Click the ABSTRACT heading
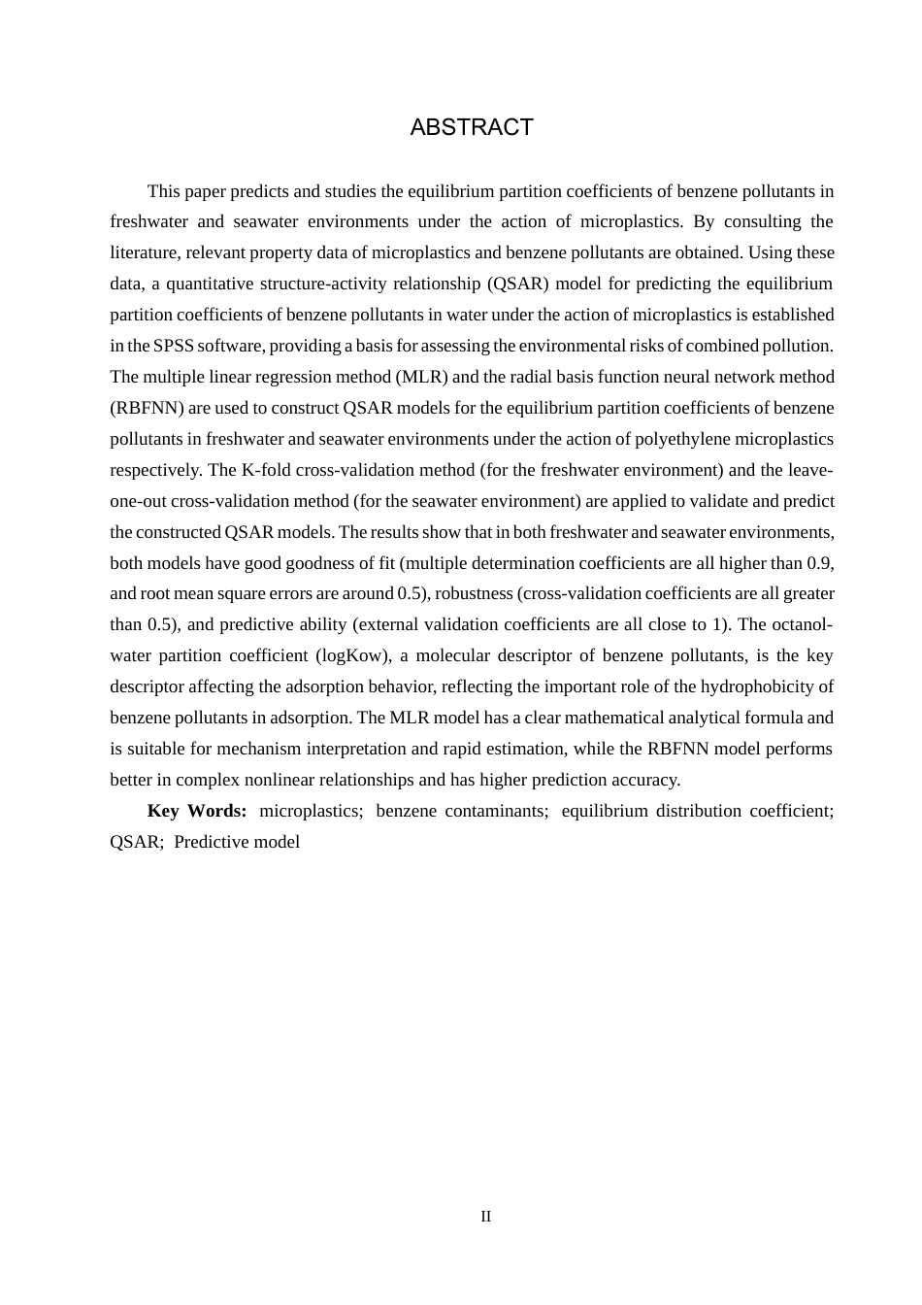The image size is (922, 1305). pos(472,127)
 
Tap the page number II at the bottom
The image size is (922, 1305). pos(485,1217)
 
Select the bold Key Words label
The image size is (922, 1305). pos(197,811)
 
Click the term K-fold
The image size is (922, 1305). pos(268,470)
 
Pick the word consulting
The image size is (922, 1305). pos(762,221)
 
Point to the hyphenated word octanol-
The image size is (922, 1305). pos(803,624)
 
